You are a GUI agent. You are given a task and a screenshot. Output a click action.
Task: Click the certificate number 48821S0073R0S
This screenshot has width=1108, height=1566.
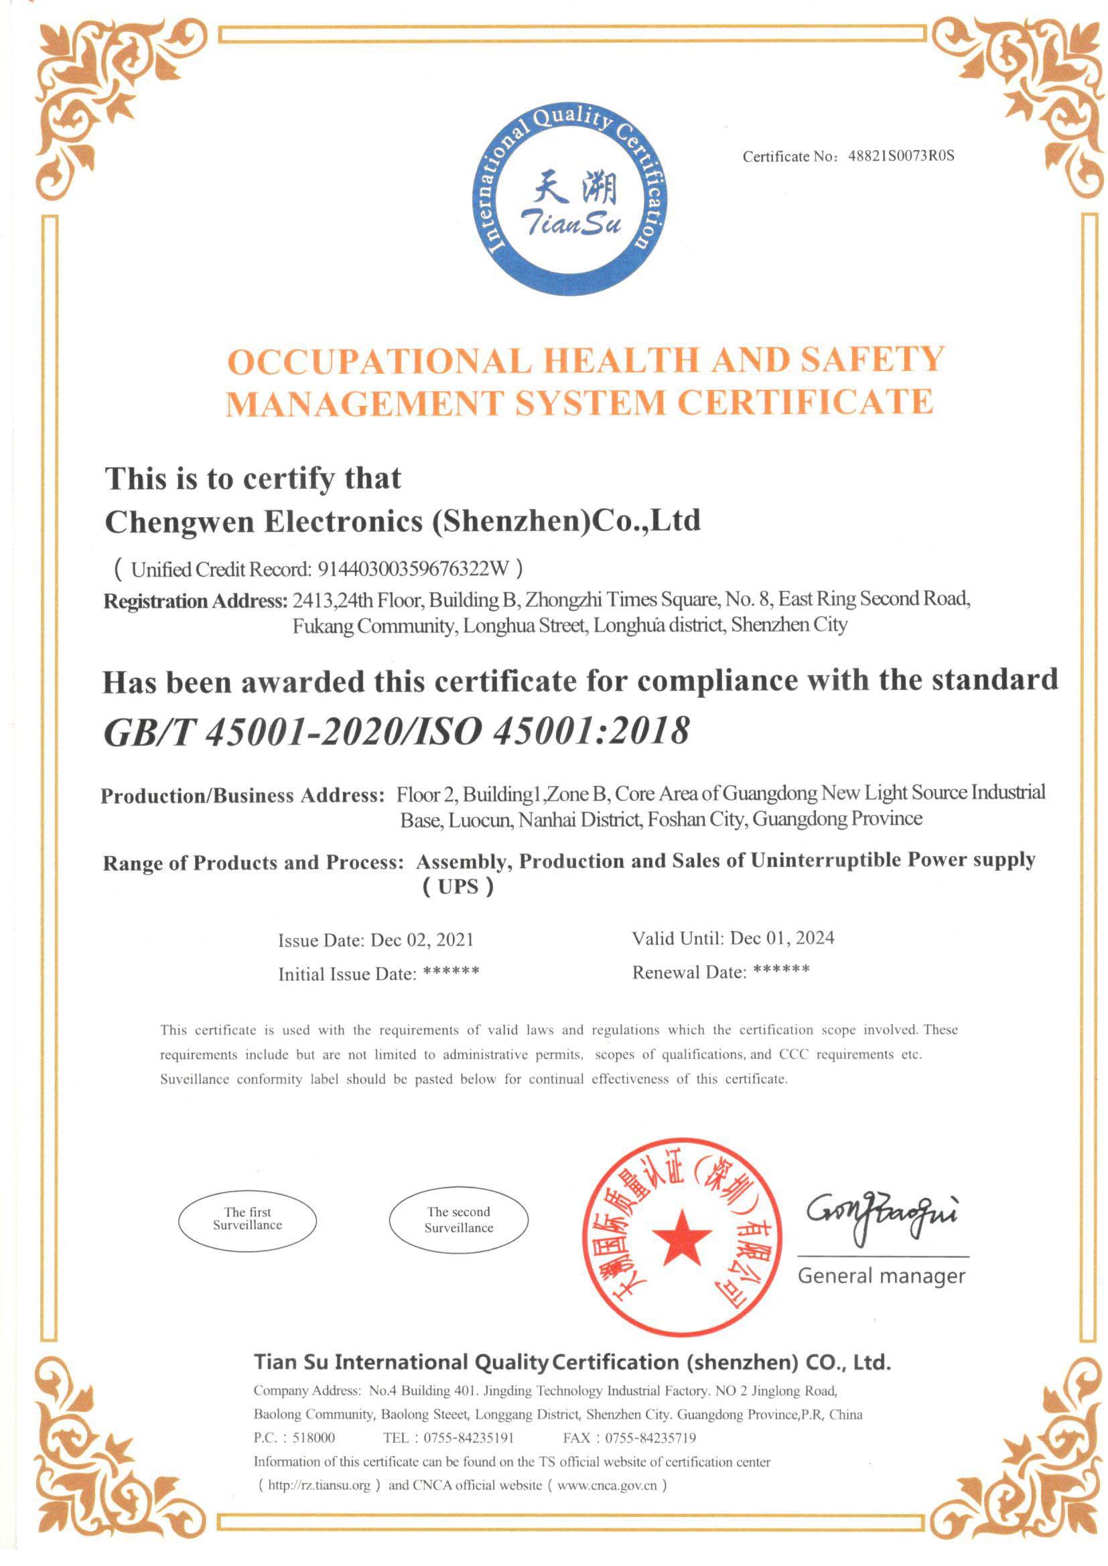click(x=900, y=156)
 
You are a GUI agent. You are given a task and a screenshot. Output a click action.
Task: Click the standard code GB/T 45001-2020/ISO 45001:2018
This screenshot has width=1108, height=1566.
click(x=396, y=732)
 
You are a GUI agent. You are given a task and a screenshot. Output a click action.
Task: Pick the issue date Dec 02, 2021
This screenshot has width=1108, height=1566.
click(x=421, y=940)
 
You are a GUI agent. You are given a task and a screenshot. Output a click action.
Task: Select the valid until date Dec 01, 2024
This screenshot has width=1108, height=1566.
click(x=782, y=938)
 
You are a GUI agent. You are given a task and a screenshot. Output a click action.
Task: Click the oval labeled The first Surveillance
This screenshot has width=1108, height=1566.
click(x=248, y=1219)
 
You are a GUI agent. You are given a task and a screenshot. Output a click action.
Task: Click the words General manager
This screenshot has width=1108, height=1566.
click(x=882, y=1276)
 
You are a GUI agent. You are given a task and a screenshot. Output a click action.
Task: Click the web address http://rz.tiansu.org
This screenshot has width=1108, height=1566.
click(x=320, y=1486)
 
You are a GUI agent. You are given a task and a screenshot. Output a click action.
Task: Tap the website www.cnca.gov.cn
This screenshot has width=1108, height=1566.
click(x=606, y=1486)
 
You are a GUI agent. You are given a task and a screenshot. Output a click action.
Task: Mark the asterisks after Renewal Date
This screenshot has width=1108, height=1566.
click(x=782, y=970)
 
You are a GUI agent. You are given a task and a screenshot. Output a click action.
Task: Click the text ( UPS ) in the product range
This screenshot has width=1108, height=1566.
click(x=457, y=887)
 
